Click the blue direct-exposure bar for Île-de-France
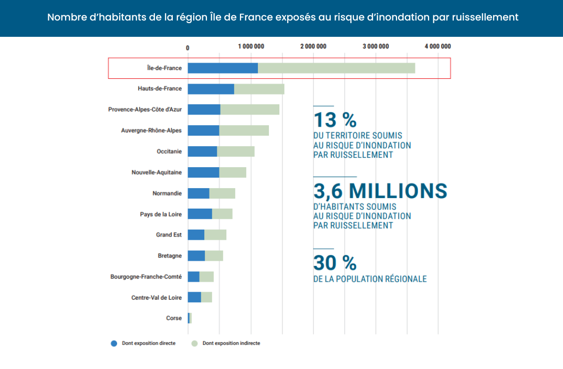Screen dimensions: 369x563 tap(223, 68)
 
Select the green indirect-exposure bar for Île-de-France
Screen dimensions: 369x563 tap(336, 68)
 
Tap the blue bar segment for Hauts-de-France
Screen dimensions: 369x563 tap(211, 89)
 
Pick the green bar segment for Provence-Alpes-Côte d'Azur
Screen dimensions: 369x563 tap(249, 109)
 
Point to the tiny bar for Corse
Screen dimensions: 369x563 tap(190, 318)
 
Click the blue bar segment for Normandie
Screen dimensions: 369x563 tap(199, 193)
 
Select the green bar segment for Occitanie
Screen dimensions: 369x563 tap(236, 151)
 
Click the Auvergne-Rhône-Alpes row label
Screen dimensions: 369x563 tap(151, 130)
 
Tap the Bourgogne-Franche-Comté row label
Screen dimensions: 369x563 tap(146, 276)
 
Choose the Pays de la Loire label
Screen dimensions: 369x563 tap(161, 214)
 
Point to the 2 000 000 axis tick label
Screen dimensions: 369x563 tap(314, 47)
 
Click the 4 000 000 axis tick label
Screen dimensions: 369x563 tap(437, 47)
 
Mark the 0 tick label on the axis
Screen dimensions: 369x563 tap(187, 48)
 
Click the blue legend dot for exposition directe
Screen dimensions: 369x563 tap(113, 343)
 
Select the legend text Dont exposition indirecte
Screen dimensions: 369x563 tap(231, 343)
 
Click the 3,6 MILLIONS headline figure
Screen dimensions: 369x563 tap(380, 191)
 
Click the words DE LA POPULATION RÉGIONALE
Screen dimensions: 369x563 tap(370, 279)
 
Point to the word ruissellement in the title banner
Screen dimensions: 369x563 tap(484, 17)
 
